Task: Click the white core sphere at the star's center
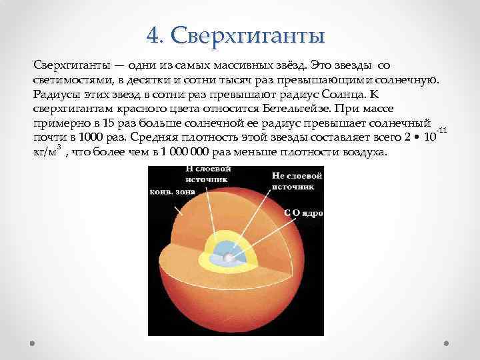(229, 257)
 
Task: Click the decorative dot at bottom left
(33, 343)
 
